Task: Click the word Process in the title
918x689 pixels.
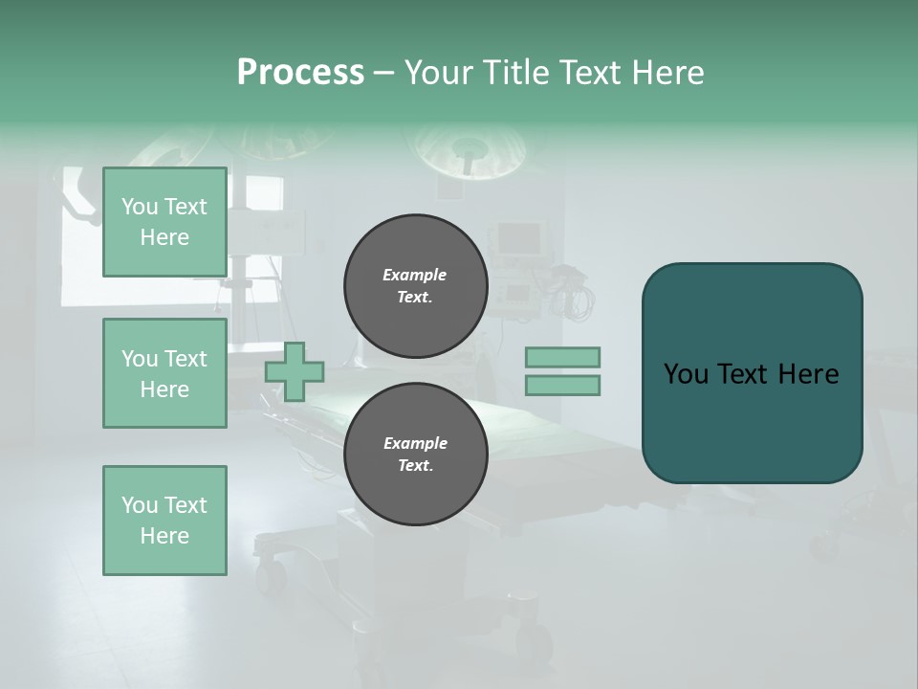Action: [x=300, y=73]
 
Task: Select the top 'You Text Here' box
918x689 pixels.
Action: [x=164, y=222]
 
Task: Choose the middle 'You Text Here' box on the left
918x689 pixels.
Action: [x=164, y=373]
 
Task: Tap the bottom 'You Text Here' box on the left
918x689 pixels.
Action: [x=164, y=521]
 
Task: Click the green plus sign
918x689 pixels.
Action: [x=295, y=371]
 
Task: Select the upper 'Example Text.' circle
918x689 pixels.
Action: [x=415, y=286]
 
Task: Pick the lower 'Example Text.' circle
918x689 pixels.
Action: [x=415, y=455]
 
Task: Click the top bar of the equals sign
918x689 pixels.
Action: [x=562, y=358]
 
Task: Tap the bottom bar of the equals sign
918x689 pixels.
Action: [x=562, y=385]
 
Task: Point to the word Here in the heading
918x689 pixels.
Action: [x=667, y=73]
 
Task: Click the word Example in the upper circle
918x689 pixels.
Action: [x=414, y=275]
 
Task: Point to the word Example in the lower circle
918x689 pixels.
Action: [x=415, y=443]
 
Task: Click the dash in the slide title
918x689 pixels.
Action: [x=384, y=73]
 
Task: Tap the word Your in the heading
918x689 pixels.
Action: [x=439, y=73]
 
